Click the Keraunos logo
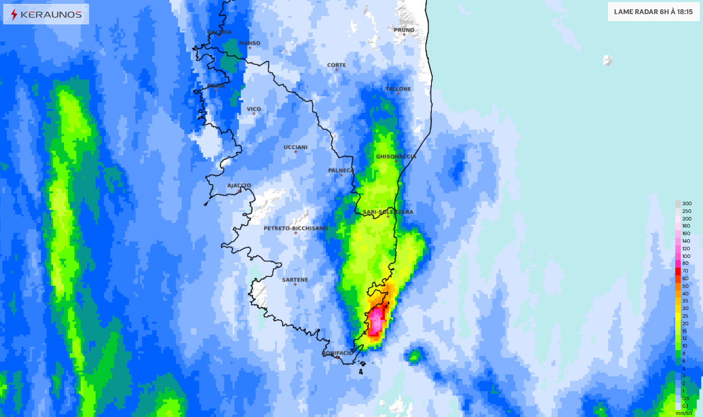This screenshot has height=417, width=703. point(46,15)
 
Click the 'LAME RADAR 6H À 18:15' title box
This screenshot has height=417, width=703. point(653,11)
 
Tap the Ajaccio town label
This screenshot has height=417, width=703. point(239,185)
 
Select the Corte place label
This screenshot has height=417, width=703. point(336,65)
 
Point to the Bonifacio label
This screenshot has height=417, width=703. point(337,353)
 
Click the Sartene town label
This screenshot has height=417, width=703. point(295,280)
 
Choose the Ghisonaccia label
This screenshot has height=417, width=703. point(396,156)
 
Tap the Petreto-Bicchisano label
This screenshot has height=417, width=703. point(296,229)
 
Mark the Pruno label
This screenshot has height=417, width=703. point(404,30)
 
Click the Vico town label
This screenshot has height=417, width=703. point(254,109)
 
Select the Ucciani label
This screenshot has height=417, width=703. point(296,147)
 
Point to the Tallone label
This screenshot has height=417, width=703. point(398,89)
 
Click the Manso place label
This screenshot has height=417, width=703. point(250,43)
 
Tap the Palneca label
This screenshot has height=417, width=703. point(341,170)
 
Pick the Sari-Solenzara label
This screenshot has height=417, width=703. point(388,212)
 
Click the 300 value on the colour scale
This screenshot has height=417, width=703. point(687,204)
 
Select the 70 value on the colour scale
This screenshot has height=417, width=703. point(685,271)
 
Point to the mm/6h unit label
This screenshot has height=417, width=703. point(684,413)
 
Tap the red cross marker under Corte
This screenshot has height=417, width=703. point(336,70)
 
